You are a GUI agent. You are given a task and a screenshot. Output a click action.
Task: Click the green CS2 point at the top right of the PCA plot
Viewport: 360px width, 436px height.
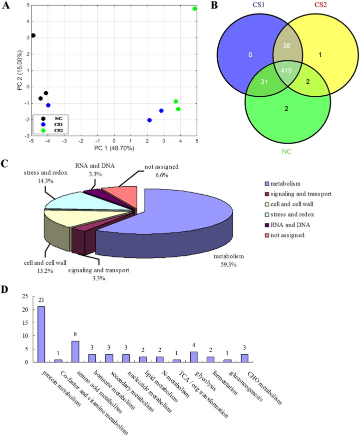pyautogui.click(x=195, y=8)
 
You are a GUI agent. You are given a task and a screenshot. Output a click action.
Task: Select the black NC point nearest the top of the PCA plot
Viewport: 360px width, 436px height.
pyautogui.click(x=33, y=35)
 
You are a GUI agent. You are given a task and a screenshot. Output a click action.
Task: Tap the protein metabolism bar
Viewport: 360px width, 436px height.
pyautogui.click(x=42, y=334)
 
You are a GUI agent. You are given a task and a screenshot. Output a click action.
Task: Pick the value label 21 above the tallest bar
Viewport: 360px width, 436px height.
pyautogui.click(x=42, y=301)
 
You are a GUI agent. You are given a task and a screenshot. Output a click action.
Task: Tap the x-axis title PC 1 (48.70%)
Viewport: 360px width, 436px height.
pyautogui.click(x=114, y=149)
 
